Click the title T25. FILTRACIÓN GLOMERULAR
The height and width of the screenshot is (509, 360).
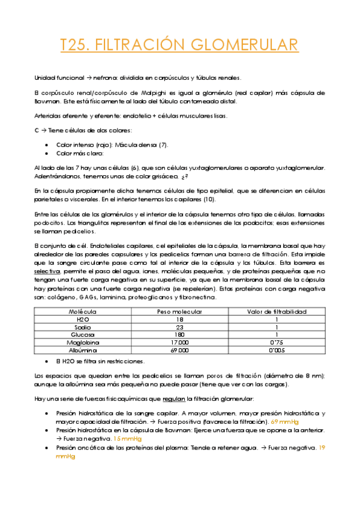point(179,45)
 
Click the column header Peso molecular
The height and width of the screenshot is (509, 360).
point(179,312)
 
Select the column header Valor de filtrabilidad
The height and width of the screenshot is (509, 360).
point(277,312)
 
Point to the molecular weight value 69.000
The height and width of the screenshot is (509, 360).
point(179,349)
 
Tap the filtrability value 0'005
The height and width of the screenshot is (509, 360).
point(277,349)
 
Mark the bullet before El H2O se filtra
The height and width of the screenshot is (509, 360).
point(47,362)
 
